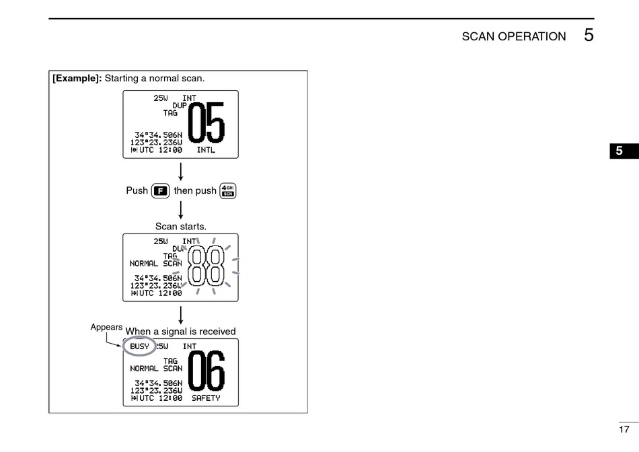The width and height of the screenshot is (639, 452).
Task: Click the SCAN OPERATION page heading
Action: [x=513, y=36]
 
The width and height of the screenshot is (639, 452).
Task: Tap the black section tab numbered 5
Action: [x=619, y=151]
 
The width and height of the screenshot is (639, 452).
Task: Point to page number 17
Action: [x=624, y=429]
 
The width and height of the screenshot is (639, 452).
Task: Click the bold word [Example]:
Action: [x=77, y=78]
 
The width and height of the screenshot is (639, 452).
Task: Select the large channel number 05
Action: [x=206, y=124]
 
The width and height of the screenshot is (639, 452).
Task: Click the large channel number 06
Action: [x=206, y=372]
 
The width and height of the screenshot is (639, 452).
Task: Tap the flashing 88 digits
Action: [x=206, y=266]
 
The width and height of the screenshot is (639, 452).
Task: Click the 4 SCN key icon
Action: [x=228, y=190]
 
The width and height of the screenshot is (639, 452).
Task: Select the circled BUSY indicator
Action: [x=139, y=347]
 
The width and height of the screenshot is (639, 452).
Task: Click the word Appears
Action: [x=106, y=327]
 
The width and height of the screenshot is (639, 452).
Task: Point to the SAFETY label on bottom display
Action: [x=206, y=398]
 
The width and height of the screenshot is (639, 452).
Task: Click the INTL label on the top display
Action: [x=206, y=150]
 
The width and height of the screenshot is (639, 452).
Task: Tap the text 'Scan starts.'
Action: [x=180, y=227]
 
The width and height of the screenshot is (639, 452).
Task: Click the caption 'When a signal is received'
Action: [x=180, y=332]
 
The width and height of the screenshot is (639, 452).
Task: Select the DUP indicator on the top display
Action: [x=180, y=106]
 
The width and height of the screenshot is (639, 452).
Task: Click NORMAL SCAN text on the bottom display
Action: [x=156, y=369]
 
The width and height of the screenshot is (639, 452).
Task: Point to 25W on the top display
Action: [x=161, y=98]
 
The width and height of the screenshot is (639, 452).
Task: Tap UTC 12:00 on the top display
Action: [x=156, y=150]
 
